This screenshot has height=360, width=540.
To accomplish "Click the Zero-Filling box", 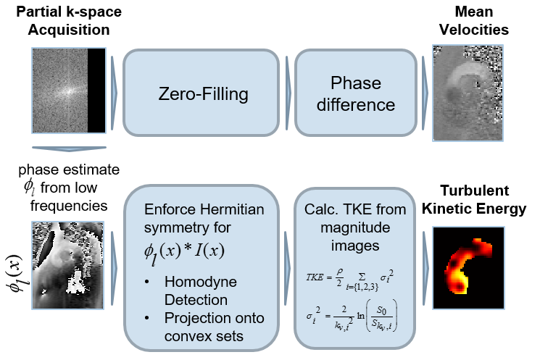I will (201, 93).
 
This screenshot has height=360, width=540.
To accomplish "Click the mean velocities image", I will (467, 91).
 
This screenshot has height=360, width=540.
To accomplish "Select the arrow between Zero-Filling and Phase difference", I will (288, 93).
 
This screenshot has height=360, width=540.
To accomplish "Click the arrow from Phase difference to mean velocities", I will (424, 93).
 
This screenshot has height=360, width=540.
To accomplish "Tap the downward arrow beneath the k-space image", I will (69, 149).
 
